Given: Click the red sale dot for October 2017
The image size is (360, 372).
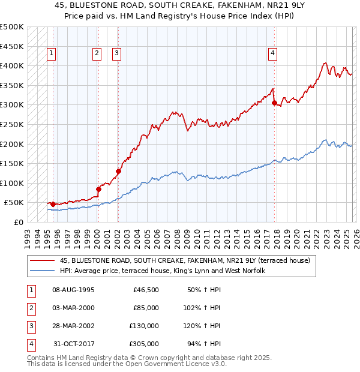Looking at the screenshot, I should click(x=274, y=103).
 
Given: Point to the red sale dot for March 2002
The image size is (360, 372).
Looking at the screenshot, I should click(x=118, y=172).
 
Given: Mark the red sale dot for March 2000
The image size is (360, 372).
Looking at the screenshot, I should click(x=98, y=189).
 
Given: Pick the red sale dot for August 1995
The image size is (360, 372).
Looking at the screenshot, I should click(x=53, y=204).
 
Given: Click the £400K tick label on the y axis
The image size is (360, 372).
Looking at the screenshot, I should click(x=12, y=65).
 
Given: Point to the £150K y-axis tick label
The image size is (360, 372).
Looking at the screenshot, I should click(x=12, y=163).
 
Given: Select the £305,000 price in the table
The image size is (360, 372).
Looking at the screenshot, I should click(x=144, y=344).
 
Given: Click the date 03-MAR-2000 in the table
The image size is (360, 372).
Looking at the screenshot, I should click(x=73, y=308).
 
